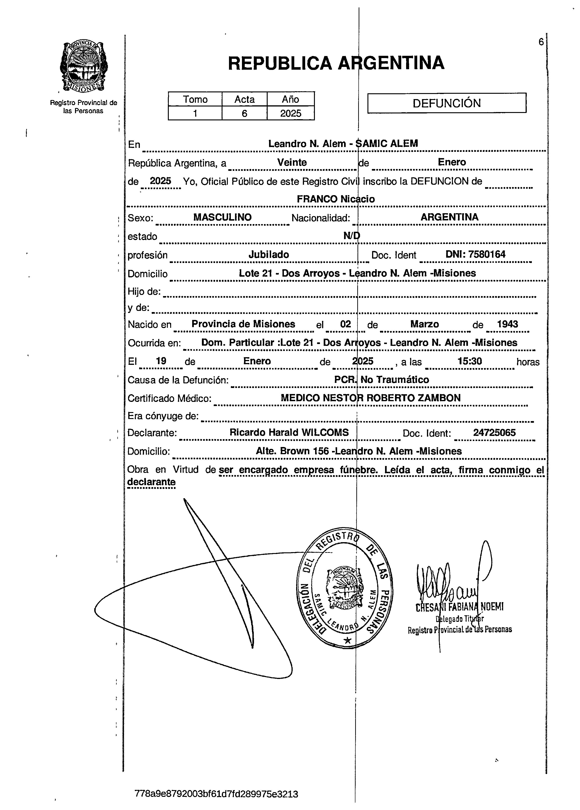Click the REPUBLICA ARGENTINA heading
point(336,63)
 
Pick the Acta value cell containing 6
point(244,113)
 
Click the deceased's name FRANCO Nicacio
point(336,199)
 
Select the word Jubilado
point(269,255)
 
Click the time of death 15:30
point(470,361)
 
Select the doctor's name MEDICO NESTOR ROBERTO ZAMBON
point(370,398)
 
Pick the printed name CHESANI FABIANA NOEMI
point(459,607)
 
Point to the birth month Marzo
point(424,324)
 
